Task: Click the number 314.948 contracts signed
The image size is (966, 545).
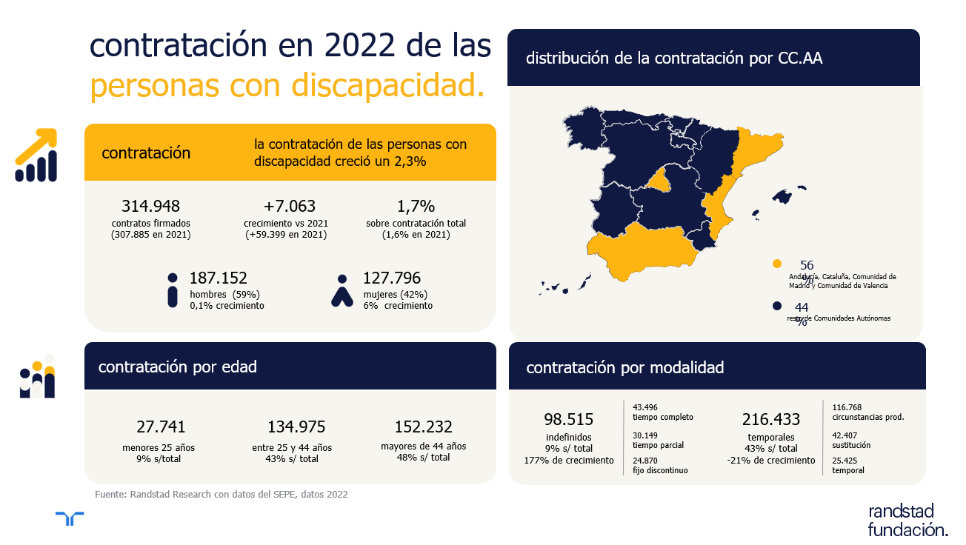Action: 150,206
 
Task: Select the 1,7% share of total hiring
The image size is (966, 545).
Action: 416,206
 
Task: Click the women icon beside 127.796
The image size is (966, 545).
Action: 342,291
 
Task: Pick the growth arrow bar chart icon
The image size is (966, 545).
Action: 36,156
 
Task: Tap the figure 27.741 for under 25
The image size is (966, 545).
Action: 161,427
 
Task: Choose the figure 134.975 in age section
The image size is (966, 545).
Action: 296,427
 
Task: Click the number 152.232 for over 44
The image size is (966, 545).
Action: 424,427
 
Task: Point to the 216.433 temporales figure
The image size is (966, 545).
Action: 771,420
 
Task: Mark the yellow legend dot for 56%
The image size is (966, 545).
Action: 776,264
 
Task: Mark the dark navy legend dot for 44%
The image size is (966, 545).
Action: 776,306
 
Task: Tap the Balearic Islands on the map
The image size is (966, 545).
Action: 782,197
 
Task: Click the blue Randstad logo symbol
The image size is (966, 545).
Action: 70,518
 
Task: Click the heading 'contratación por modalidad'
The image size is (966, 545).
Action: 624,367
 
